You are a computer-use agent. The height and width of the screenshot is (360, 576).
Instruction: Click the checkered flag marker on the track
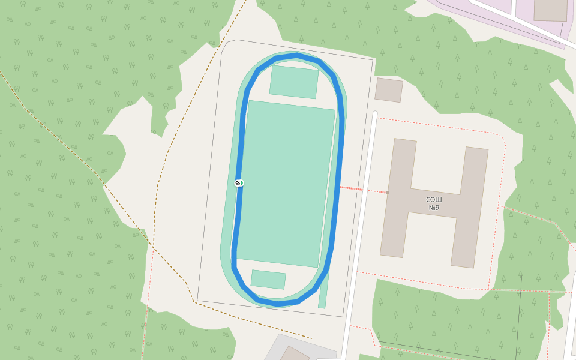pos(239,182)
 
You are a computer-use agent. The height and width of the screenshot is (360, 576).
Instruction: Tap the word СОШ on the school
pos(434,199)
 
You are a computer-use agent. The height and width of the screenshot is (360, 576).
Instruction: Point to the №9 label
pos(434,208)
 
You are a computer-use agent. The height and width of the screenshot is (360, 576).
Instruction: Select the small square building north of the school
pos(389,89)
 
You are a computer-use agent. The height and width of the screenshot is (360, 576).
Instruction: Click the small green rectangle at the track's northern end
pos(293,82)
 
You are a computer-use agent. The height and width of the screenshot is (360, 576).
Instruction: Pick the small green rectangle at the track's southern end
pos(268,280)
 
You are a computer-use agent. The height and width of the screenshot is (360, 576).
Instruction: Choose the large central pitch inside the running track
pos(286,184)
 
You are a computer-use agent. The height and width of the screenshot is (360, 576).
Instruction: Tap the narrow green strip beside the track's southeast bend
pos(323,294)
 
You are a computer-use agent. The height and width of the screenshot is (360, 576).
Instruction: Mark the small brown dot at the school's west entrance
pos(388,193)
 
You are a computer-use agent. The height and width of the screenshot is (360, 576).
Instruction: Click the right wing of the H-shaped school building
pos(471,206)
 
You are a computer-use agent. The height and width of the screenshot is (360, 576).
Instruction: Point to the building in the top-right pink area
pos(550,10)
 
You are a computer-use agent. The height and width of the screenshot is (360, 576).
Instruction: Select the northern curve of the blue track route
pos(296,56)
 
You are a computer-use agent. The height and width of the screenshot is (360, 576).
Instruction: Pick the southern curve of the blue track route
pos(277,303)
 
